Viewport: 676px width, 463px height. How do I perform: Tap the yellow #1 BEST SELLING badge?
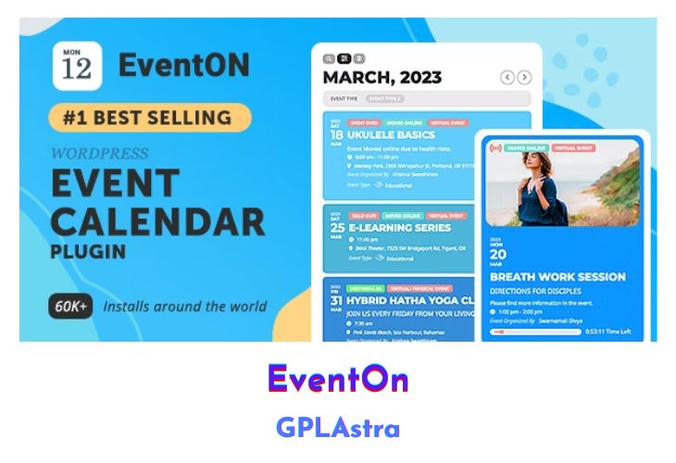point(151,118)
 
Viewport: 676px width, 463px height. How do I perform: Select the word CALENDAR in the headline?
point(157,220)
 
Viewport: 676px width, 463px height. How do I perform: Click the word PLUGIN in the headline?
point(89,252)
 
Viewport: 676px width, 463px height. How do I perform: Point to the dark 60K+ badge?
point(70,306)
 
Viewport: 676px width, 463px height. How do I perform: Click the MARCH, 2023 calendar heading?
point(382,78)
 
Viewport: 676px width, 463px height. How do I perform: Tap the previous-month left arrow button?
point(507,78)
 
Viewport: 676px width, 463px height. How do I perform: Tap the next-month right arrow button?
point(525,78)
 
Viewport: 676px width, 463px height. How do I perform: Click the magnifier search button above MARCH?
point(329,58)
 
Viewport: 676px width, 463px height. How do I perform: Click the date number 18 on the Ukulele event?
point(335,135)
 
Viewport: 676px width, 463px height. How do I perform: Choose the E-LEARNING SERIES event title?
point(399,227)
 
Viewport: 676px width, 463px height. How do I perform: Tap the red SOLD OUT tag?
point(362,215)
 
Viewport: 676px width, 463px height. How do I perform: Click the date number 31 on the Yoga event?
point(335,301)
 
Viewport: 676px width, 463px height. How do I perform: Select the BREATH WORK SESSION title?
point(557,276)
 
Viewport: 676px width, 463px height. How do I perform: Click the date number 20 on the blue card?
point(498,255)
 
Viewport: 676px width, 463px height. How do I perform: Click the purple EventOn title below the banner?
point(338,380)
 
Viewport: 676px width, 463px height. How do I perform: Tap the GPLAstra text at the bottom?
point(338,428)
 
